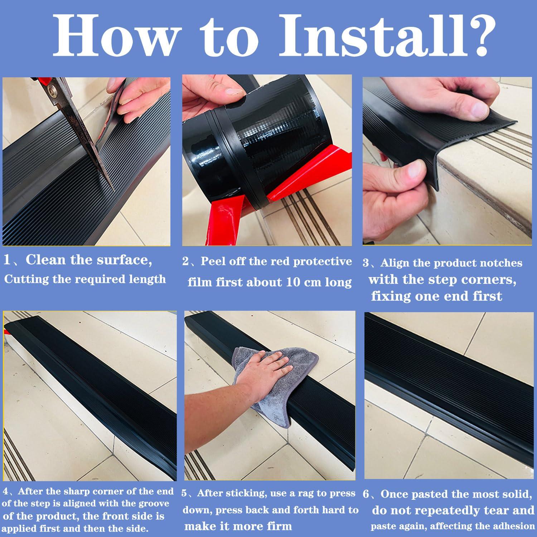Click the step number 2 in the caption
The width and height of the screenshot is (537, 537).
click(185, 262)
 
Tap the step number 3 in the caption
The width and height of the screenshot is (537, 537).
click(366, 263)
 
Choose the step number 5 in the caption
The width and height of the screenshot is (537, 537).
click(184, 494)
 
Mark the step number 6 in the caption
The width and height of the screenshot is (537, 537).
click(366, 494)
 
